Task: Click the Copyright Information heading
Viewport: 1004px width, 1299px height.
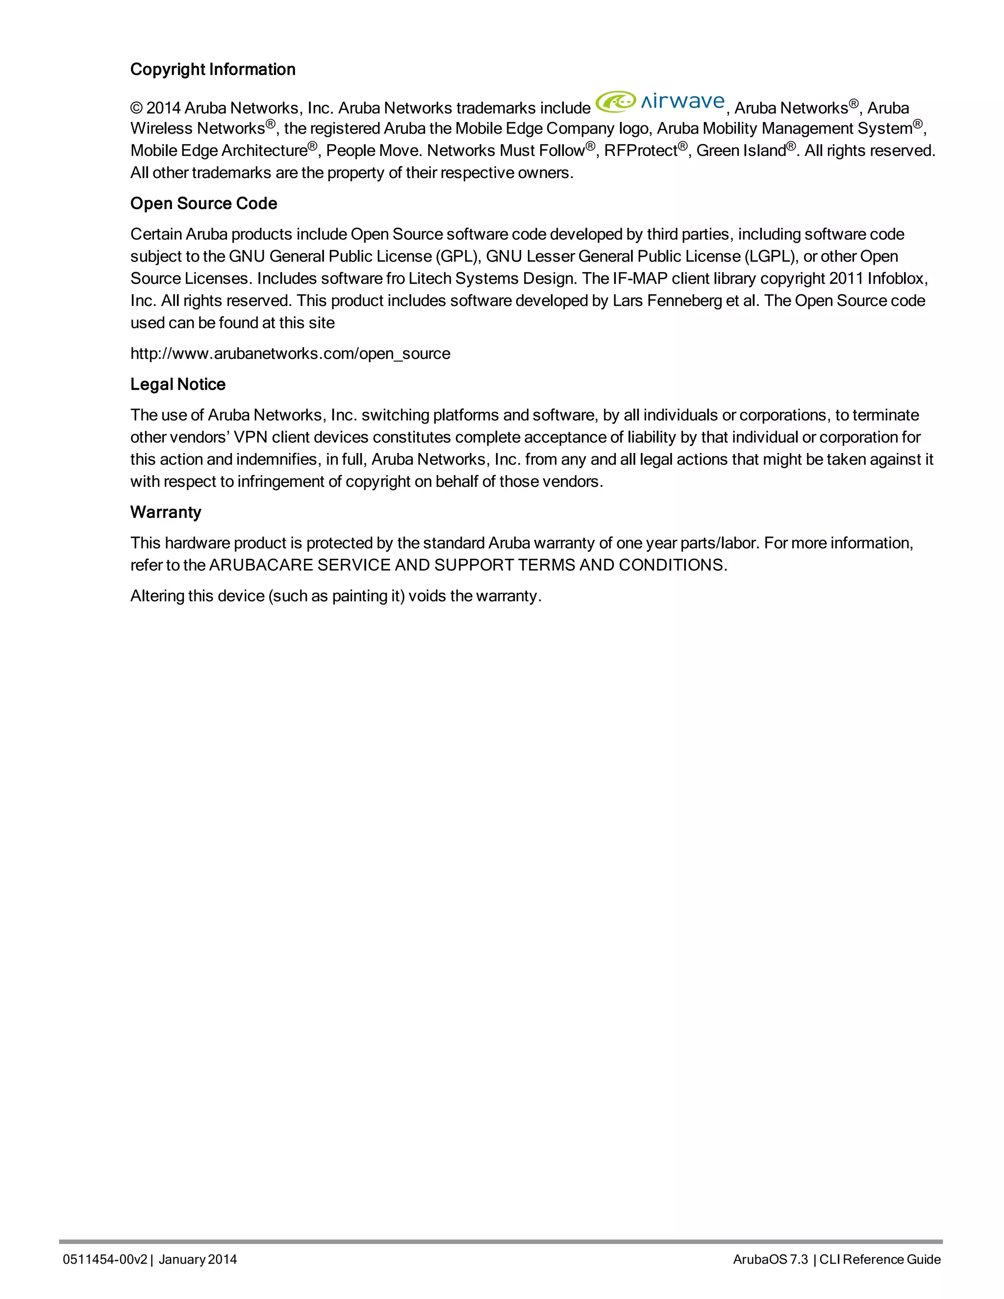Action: (x=212, y=70)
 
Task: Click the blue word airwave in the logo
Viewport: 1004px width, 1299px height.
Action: (x=682, y=101)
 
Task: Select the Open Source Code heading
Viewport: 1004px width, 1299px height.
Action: (x=203, y=203)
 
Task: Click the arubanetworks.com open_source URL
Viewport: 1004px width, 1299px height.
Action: (x=290, y=353)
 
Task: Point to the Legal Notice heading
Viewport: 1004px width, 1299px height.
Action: (x=178, y=384)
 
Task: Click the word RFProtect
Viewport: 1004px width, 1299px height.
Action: (x=641, y=151)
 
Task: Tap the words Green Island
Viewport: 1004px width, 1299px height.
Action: (x=741, y=151)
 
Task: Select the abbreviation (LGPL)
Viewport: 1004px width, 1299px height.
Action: (x=770, y=256)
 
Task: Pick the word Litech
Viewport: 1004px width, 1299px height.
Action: (x=430, y=279)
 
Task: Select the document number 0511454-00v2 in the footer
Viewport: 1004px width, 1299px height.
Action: (x=105, y=1259)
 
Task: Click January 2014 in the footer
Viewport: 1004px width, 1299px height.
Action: (x=198, y=1259)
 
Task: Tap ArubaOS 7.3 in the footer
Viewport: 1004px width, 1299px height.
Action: (x=770, y=1259)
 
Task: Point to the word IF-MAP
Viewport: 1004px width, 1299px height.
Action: (x=634, y=279)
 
